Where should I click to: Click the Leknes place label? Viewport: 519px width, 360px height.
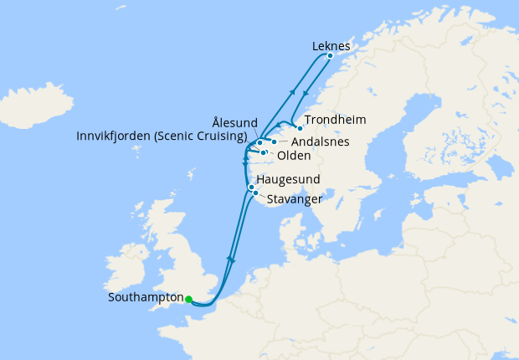[x=330, y=45]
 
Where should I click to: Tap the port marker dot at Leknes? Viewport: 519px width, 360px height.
[x=330, y=56]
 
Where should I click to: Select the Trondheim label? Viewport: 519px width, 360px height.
[x=335, y=120]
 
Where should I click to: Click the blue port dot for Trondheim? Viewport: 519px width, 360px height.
[x=300, y=128]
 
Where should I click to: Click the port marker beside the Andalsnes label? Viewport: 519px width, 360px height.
[x=274, y=142]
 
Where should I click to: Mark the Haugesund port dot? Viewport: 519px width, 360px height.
[x=251, y=187]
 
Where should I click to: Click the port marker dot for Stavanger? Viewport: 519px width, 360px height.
[x=255, y=193]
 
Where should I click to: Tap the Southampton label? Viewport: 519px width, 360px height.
[x=145, y=297]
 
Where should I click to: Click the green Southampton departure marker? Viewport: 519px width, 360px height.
[x=189, y=299]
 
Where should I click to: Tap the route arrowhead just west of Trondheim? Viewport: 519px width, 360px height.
[x=279, y=126]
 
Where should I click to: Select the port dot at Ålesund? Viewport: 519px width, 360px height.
[x=260, y=143]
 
